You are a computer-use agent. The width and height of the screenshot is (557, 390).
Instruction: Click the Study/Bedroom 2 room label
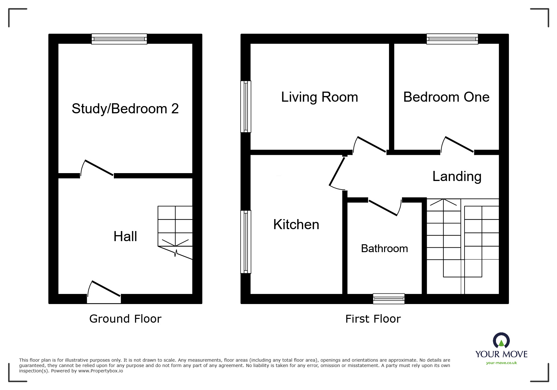(x=125, y=109)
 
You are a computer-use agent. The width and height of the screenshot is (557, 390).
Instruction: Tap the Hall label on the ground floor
(x=125, y=236)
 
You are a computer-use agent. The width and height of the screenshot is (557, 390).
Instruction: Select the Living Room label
(x=320, y=97)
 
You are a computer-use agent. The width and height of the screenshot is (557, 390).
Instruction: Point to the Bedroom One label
(x=446, y=97)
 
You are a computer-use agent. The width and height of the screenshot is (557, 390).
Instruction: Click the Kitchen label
(x=296, y=224)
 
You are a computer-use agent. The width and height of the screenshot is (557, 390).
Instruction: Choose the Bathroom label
(x=384, y=248)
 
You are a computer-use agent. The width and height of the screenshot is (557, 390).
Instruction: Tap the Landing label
(x=457, y=176)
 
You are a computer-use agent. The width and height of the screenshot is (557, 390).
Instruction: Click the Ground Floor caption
(x=125, y=319)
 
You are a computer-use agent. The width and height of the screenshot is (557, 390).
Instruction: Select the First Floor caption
(x=373, y=319)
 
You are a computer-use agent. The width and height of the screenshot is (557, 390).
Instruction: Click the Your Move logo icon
(x=501, y=341)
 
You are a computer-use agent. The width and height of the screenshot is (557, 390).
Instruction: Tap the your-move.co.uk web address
(x=501, y=363)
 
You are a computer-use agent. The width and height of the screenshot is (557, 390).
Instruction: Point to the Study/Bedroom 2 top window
(x=119, y=39)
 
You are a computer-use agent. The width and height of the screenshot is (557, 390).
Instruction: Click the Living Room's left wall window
(x=246, y=106)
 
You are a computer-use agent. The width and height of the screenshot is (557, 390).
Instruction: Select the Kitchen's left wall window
(x=246, y=242)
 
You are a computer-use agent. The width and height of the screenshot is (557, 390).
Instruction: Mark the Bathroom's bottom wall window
(x=389, y=299)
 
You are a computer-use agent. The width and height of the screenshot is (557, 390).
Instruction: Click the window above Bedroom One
(x=452, y=39)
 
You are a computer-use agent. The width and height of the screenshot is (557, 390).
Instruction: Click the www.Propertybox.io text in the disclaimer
(x=101, y=371)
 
